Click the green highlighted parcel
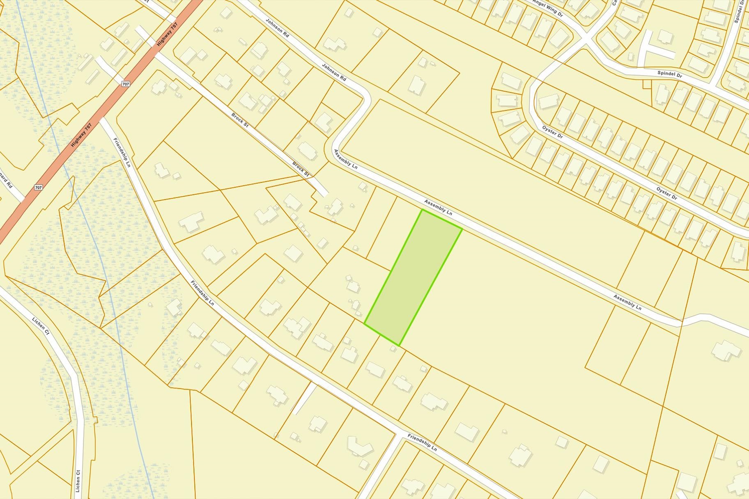(413, 277)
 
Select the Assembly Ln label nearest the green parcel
(438, 208)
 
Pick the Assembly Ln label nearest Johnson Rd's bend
(345, 159)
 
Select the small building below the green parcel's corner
(393, 348)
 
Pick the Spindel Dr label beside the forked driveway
(669, 75)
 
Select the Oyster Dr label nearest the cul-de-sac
(552, 132)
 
